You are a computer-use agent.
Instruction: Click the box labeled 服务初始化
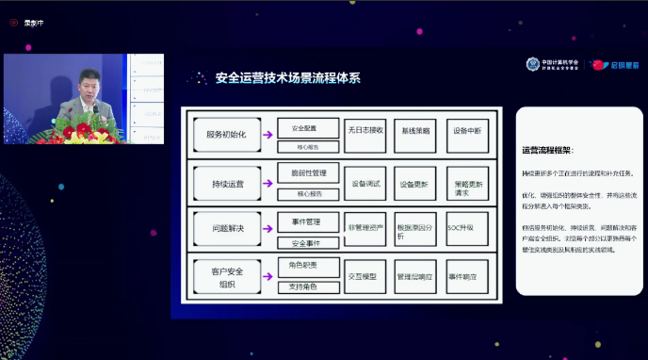click(226, 134)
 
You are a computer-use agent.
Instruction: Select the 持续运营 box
click(226, 183)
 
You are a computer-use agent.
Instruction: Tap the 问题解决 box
click(226, 229)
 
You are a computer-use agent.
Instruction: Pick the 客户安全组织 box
click(226, 277)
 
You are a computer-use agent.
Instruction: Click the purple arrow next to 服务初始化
click(267, 135)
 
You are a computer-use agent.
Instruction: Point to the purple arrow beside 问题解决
click(267, 230)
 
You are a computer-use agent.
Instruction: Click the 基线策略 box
click(416, 131)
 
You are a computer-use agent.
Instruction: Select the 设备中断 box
click(467, 131)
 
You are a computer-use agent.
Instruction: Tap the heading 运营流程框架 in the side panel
click(546, 150)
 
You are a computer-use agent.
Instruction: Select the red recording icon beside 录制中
click(13, 24)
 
